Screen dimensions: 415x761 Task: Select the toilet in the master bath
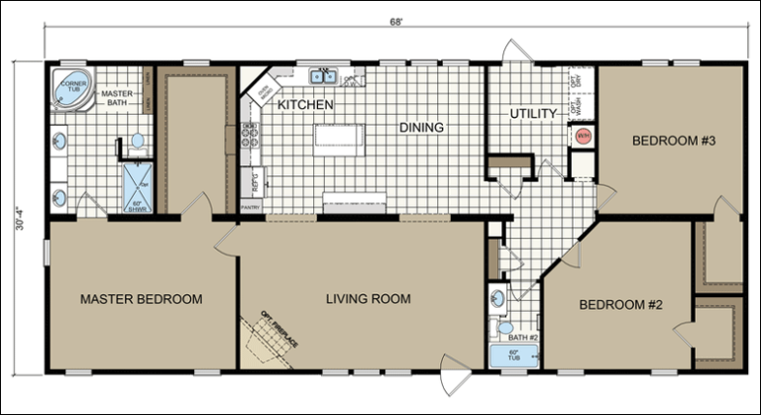pos(138,141)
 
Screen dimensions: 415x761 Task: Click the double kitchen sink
pos(324,75)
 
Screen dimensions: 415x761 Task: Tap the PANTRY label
pos(252,207)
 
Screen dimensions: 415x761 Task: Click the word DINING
pos(421,127)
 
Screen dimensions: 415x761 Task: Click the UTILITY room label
pos(533,114)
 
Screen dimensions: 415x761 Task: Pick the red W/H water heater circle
pos(584,136)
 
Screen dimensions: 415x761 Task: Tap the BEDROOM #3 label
pos(674,141)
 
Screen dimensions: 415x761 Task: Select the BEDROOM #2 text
pos(620,303)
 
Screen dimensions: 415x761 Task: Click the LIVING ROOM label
pos(368,298)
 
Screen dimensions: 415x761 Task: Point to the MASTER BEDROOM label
pos(142,298)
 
